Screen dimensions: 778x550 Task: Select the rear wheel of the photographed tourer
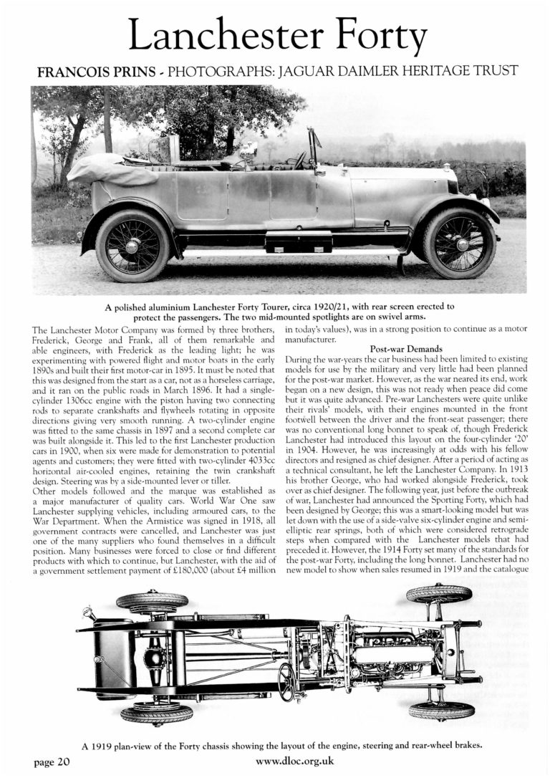click(132, 246)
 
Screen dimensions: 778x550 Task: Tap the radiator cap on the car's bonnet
click(446, 168)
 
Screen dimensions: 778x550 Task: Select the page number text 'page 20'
click(52, 762)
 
